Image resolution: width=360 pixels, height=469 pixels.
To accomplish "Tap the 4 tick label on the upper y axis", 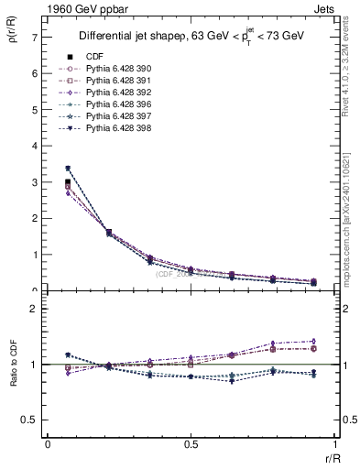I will pos(33,147).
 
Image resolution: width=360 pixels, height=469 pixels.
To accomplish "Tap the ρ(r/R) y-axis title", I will pos(12,37).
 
